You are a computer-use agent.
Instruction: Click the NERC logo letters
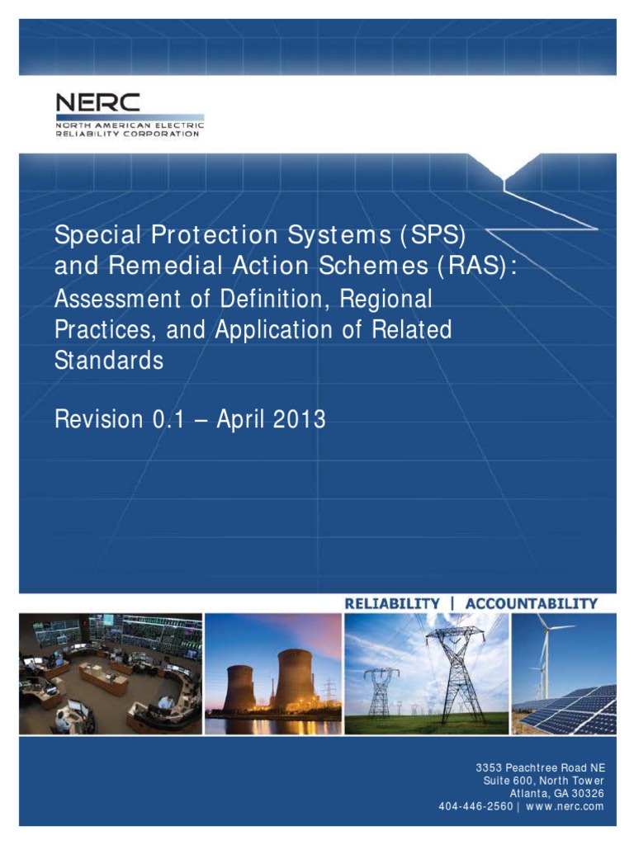97,103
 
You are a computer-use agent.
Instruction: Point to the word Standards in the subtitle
109,361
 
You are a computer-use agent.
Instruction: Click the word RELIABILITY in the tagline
392,603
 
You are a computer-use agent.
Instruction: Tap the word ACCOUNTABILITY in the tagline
531,603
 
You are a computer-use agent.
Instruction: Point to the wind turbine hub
544,629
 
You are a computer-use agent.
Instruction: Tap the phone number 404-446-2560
475,806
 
